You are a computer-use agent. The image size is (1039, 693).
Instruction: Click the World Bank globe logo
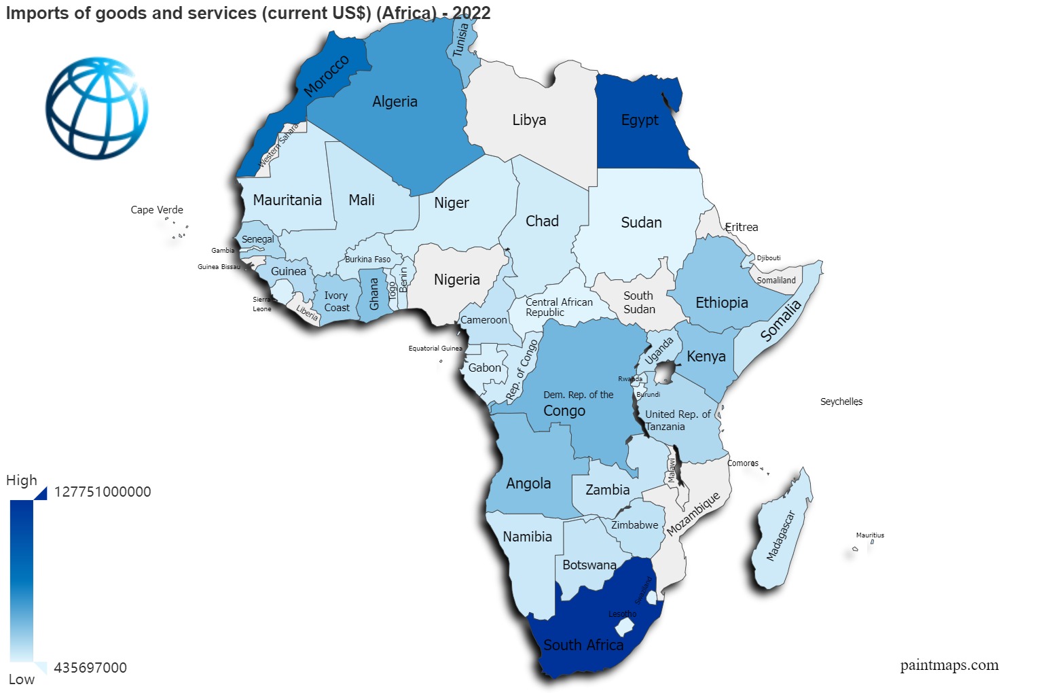(x=97, y=108)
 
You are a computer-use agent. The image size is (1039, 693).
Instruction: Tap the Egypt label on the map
(x=640, y=120)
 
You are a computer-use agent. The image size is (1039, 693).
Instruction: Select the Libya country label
(x=529, y=120)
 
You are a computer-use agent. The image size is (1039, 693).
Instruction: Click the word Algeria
(x=395, y=102)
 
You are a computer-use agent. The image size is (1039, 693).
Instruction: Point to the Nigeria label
(x=456, y=279)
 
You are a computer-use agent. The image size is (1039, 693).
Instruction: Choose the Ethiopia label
(x=721, y=302)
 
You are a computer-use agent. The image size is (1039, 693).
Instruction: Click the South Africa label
(x=583, y=645)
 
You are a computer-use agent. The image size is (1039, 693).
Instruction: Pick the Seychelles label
(x=841, y=402)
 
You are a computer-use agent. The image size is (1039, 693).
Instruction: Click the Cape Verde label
(x=157, y=210)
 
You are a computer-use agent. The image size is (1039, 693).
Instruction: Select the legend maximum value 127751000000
(x=103, y=492)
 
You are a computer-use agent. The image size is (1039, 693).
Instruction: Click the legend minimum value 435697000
(x=90, y=668)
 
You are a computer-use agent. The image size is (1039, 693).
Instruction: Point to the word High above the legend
(x=22, y=480)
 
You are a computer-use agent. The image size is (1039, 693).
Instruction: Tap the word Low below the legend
(x=22, y=679)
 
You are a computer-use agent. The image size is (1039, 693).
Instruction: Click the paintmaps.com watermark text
(x=949, y=665)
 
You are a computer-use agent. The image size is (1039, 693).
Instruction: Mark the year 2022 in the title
(x=471, y=13)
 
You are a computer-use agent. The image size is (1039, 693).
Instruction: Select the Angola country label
(x=528, y=484)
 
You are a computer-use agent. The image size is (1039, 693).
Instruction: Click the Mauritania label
(x=287, y=200)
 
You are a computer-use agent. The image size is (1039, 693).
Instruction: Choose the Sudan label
(x=641, y=222)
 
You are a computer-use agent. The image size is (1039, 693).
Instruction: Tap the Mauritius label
(x=870, y=535)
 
